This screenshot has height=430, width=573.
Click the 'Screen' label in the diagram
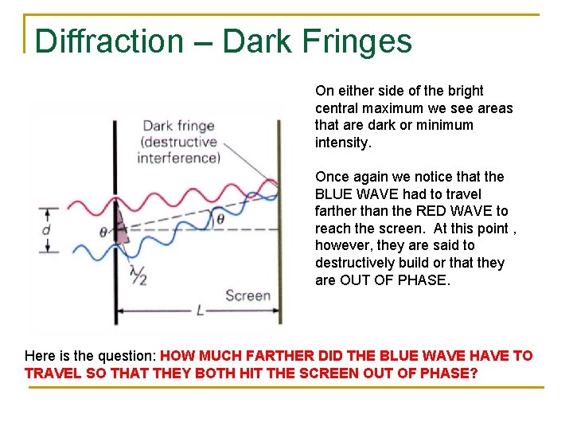pos(248,296)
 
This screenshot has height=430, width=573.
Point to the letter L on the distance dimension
pos(200,311)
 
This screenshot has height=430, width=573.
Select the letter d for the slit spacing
pos(46,230)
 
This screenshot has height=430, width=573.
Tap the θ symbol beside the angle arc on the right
pos(220,216)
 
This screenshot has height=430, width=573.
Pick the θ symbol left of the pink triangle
pos(103,233)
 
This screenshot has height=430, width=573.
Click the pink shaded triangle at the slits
pos(120,226)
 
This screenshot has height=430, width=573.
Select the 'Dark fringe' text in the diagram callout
pos(179,126)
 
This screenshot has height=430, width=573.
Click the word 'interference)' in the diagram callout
pos(178,158)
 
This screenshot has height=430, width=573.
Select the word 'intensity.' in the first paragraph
pos(344,143)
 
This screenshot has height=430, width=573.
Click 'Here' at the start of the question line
pos(41,356)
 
